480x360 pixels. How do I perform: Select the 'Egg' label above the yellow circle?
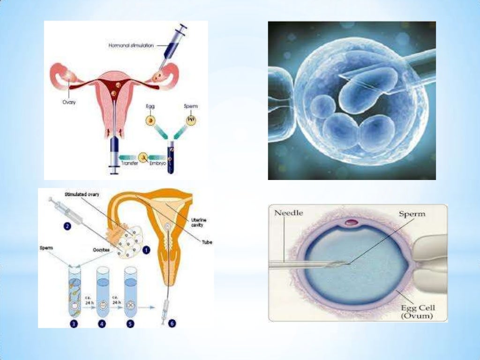(x=150, y=107)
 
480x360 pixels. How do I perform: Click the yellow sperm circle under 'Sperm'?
(x=192, y=120)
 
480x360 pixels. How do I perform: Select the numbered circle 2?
(x=67, y=226)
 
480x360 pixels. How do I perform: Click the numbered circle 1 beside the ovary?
(x=147, y=250)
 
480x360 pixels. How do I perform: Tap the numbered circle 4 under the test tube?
(x=102, y=323)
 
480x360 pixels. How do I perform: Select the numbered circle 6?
(x=172, y=323)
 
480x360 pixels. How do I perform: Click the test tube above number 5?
(x=130, y=291)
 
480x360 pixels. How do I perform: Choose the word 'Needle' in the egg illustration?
(x=289, y=213)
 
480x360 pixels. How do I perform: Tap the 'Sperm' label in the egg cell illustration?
(x=412, y=214)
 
